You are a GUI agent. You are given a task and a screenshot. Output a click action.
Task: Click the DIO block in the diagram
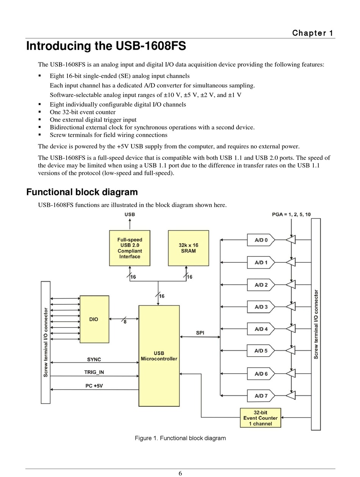pyautogui.click(x=94, y=319)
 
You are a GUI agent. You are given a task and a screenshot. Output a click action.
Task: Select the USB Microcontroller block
pyautogui.click(x=159, y=356)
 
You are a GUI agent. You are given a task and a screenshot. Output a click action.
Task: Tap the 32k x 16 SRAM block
pyautogui.click(x=188, y=248)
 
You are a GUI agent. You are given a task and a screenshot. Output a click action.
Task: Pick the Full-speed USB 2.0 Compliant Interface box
pyautogui.click(x=130, y=248)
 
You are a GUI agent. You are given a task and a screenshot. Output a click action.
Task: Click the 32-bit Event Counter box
pyautogui.click(x=260, y=418)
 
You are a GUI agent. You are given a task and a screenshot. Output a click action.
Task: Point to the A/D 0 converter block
pyautogui.click(x=261, y=240)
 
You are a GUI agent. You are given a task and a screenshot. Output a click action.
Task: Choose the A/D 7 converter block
pyautogui.click(x=261, y=396)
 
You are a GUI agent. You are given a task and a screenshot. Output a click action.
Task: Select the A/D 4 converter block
pyautogui.click(x=261, y=329)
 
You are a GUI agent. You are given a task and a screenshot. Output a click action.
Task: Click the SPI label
pyautogui.click(x=200, y=333)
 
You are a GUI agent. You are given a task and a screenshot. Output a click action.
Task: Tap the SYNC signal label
pyautogui.click(x=94, y=359)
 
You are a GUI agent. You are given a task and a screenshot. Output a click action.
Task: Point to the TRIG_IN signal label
pyautogui.click(x=94, y=372)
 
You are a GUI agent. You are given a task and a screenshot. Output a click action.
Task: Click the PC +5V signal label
pyautogui.click(x=94, y=386)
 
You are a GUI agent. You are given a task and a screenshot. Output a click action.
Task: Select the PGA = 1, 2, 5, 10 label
pyautogui.click(x=291, y=215)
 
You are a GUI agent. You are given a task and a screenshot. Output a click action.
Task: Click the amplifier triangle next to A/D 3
pyautogui.click(x=291, y=307)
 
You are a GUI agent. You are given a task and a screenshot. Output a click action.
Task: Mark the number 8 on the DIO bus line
pyautogui.click(x=125, y=322)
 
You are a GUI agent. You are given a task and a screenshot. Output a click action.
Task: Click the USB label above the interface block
pyautogui.click(x=130, y=215)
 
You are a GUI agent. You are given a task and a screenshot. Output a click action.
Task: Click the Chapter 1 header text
pyautogui.click(x=313, y=33)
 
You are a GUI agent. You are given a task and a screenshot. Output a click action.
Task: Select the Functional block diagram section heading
pyautogui.click(x=82, y=192)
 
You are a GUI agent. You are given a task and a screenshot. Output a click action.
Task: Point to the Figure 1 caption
pyautogui.click(x=180, y=438)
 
